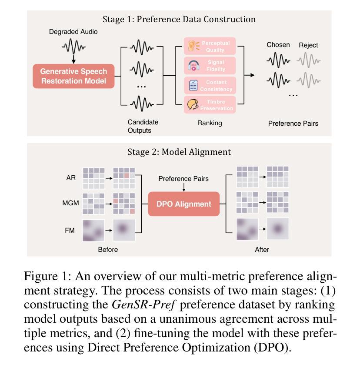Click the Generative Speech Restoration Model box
point(73,76)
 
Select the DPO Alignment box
point(184,204)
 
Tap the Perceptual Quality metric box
point(210,46)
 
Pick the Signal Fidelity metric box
point(210,66)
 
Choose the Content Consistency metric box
point(210,85)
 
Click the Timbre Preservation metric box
point(210,105)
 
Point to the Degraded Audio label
point(73,32)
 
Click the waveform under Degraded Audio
point(73,47)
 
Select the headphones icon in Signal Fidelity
point(194,66)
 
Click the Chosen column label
point(278,45)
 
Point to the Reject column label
point(308,45)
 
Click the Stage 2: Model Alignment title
point(179,152)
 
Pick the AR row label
point(71,177)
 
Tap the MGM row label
point(70,203)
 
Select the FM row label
point(70,230)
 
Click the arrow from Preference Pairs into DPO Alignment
point(184,187)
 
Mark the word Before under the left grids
point(108,250)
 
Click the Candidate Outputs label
point(143,126)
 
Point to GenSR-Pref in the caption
point(143,304)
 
